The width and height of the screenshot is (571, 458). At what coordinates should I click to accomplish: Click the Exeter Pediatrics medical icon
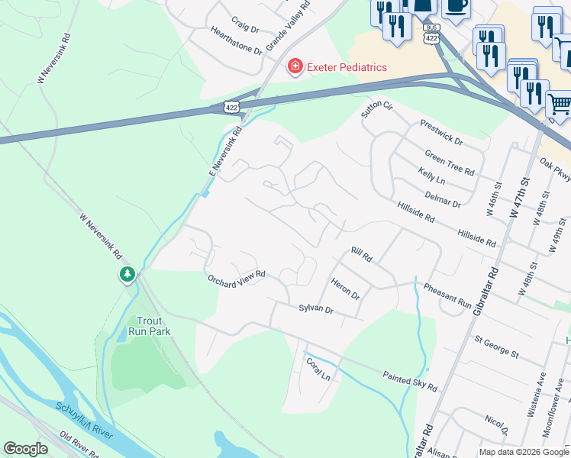(x=294, y=67)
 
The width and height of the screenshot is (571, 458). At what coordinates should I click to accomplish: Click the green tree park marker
(x=127, y=274)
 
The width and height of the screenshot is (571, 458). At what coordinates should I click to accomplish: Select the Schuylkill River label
(x=85, y=420)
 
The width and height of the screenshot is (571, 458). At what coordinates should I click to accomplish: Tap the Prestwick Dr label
(x=440, y=132)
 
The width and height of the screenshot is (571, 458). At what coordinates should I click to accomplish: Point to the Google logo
(x=26, y=448)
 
